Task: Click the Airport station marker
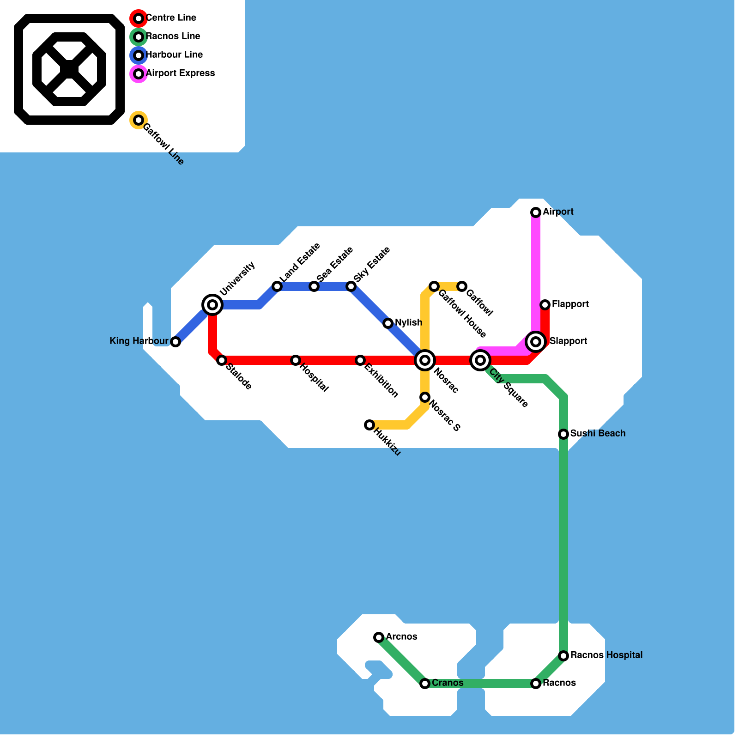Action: point(536,212)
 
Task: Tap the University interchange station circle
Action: point(212,305)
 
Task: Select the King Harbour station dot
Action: point(176,342)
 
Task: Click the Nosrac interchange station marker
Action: point(425,360)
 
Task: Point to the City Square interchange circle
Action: point(480,360)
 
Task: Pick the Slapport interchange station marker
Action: point(536,342)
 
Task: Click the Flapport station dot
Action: point(545,305)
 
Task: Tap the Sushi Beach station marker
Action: point(563,434)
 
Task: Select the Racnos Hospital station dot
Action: point(563,656)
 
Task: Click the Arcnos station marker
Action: point(379,637)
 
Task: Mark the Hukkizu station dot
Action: point(369,425)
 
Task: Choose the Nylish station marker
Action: point(388,323)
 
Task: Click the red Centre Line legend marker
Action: point(139,18)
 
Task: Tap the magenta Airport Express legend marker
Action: point(139,74)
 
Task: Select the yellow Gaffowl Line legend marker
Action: point(139,120)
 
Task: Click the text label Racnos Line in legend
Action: point(173,36)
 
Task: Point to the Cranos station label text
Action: point(448,683)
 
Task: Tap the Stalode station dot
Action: point(222,360)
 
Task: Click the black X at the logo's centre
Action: point(69,69)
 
